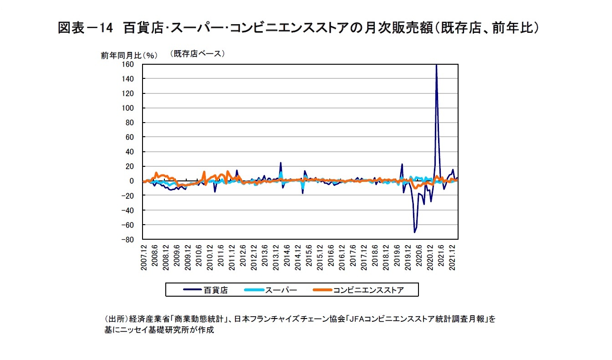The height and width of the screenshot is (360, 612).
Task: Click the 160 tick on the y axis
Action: click(x=128, y=64)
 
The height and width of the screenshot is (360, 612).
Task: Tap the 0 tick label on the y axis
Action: click(x=132, y=181)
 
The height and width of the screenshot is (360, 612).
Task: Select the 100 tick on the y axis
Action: click(x=128, y=108)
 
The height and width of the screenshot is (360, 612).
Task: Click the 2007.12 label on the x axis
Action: click(x=144, y=257)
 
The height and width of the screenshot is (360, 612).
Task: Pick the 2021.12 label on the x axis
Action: click(x=453, y=257)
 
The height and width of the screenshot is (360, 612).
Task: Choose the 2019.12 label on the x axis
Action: click(x=408, y=257)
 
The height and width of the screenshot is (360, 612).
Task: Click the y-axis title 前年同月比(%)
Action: click(x=129, y=55)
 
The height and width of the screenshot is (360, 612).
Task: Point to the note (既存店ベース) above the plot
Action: click(x=198, y=53)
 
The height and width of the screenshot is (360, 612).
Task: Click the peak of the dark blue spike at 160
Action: click(x=436, y=65)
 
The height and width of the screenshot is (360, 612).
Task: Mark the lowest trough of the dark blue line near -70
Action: click(x=414, y=232)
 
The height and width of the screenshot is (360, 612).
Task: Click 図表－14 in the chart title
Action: click(x=85, y=28)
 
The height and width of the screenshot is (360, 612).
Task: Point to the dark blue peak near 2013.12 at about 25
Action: click(x=280, y=163)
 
